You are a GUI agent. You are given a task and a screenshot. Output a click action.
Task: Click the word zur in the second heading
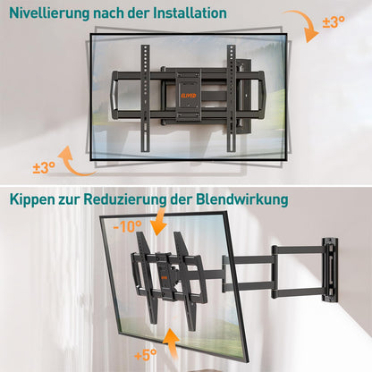coord(80,199)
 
